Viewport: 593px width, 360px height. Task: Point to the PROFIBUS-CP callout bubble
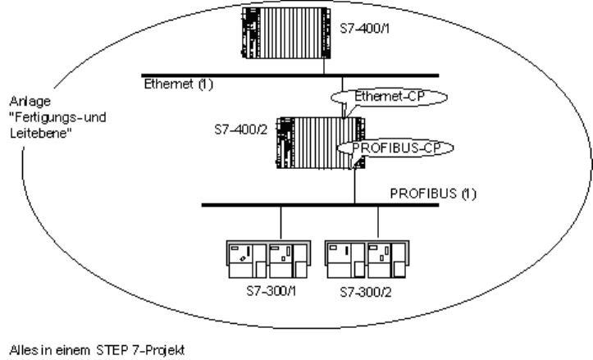[386, 147]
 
